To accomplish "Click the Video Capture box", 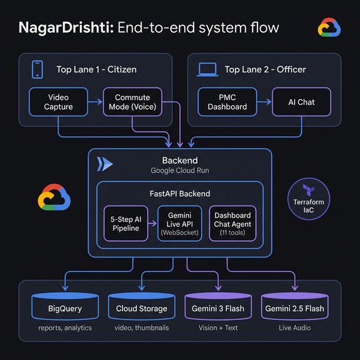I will pos(58,102).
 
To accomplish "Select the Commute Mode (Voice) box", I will pos(133,102).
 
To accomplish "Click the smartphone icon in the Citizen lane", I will pos(37,68).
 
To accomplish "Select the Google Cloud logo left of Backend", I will pos(54,197).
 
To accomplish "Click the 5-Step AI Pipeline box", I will pos(126,223).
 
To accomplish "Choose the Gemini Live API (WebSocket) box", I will pos(179,223).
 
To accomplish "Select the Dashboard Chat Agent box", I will pos(232,223).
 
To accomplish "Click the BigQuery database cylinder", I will pos(65,308).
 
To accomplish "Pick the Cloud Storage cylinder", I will pos(141,308).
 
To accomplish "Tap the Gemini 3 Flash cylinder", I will pos(217,308).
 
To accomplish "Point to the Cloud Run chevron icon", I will pos(106,165).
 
